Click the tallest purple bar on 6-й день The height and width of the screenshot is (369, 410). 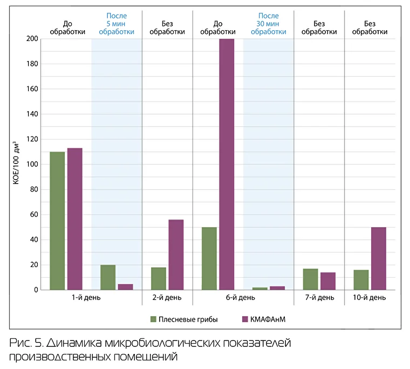point(227,164)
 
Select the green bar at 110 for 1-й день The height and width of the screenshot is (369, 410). point(57,221)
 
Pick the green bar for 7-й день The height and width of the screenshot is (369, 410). point(310,279)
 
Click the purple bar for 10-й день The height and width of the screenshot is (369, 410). point(378,258)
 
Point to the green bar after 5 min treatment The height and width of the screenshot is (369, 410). point(108,277)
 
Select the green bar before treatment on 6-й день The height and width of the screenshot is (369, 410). point(209,258)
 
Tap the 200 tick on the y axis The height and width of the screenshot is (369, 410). point(32,39)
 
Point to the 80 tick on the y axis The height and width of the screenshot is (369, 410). point(33,189)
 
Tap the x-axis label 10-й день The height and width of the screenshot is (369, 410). point(370,298)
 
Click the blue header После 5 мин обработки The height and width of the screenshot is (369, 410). point(117,24)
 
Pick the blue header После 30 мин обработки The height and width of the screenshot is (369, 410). point(268,24)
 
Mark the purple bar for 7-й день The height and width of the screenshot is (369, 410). point(327,281)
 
